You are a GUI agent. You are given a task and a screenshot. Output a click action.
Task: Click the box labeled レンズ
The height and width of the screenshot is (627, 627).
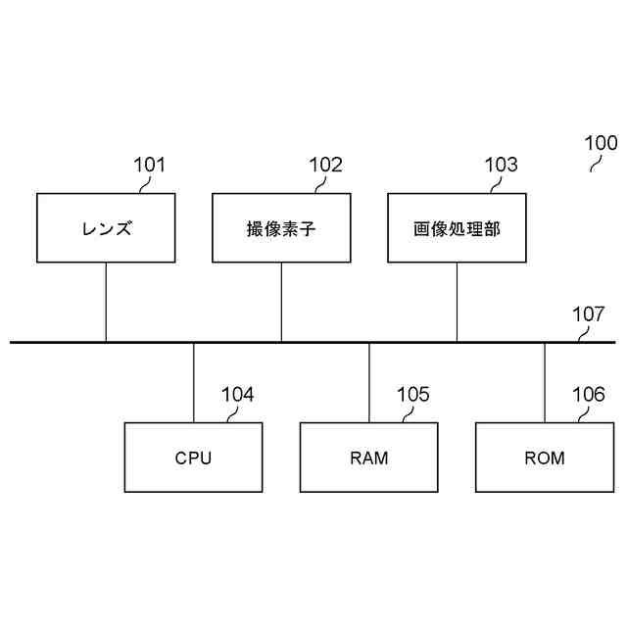coord(106,228)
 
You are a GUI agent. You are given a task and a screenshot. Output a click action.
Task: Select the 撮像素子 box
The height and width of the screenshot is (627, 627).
coord(281,228)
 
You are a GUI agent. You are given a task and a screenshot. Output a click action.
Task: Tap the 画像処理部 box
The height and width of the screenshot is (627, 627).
coord(457,228)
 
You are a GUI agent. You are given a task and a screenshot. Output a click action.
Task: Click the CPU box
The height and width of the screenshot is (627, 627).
coord(193,457)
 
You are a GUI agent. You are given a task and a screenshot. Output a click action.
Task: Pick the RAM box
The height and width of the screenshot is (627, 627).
coord(368,457)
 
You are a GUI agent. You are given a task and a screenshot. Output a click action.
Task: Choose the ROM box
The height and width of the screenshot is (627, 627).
coord(544,457)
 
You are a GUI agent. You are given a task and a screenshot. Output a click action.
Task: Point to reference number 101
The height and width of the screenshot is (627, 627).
coord(150,165)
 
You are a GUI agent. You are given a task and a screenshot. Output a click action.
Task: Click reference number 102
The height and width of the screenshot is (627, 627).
coord(325,165)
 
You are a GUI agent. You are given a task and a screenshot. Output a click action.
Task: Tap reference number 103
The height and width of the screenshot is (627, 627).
coord(501,165)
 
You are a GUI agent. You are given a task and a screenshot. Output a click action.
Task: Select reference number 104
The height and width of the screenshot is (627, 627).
coord(237,395)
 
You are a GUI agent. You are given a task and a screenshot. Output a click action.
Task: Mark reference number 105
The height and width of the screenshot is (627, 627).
coord(412,395)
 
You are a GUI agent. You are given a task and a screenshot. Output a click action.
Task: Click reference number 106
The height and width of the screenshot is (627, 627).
coord(588,395)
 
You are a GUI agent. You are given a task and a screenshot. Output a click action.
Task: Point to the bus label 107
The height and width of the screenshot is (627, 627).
coord(588,314)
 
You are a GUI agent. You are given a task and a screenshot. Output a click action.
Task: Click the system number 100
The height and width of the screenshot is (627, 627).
coord(601,142)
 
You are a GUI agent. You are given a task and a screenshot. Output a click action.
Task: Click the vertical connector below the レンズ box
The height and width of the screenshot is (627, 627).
coord(106,302)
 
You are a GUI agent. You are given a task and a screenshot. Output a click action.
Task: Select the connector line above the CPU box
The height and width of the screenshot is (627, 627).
coord(193,383)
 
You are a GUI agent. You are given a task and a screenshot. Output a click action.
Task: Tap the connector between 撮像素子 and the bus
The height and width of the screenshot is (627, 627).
coord(281,302)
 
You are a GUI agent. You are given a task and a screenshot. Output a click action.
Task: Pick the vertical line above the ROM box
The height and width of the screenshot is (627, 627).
coord(544,383)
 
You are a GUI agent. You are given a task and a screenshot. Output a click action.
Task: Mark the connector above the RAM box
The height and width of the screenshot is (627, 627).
coord(368,383)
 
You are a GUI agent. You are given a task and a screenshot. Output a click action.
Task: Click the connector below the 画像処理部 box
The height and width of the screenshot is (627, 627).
coord(457,302)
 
